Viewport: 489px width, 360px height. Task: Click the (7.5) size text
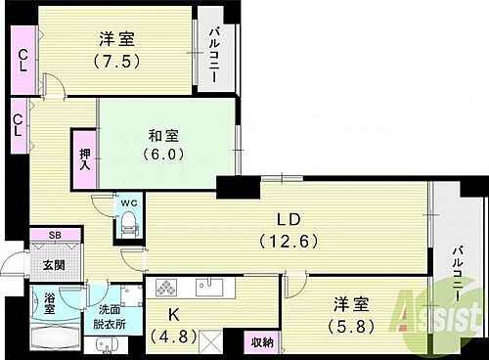pos(115,60)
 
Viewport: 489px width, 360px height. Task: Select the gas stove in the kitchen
pos(163,288)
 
